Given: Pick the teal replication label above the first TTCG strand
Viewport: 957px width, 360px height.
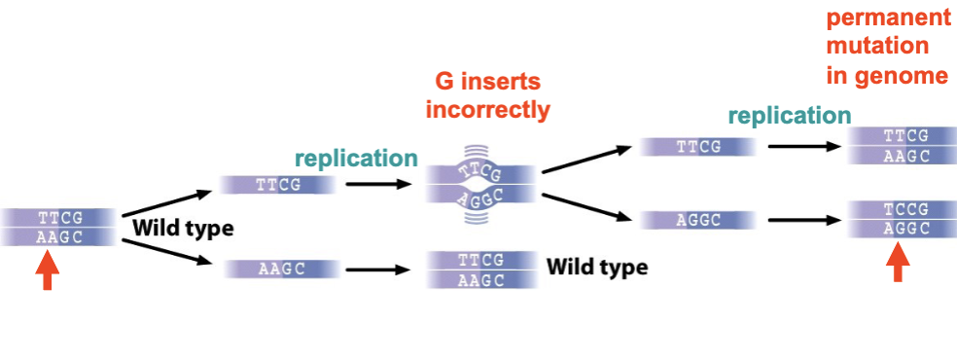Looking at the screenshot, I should click(x=356, y=158).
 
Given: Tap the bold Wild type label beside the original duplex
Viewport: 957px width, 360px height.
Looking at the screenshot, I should click(x=184, y=230).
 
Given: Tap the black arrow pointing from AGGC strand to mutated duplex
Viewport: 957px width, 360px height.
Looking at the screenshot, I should click(x=802, y=221).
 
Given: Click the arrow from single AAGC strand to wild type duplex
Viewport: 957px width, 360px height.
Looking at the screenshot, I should click(x=383, y=270).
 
